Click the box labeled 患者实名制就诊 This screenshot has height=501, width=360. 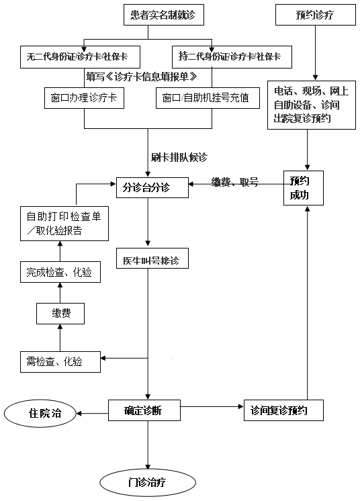pos(164,15)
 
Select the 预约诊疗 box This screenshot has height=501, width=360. pos(316,15)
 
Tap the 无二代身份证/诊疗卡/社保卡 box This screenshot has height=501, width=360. pos(80,57)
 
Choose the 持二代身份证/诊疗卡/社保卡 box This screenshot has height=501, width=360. pos(232,57)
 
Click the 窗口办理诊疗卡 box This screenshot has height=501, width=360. pos(84,98)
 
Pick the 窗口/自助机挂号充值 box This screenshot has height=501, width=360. pos(208,98)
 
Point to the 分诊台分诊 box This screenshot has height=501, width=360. pos(152,187)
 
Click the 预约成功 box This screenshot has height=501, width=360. pos(304,188)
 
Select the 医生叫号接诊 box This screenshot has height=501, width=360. pos(152,258)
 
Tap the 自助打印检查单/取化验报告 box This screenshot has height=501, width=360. pos(64,224)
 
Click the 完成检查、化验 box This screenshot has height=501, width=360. pos(60,272)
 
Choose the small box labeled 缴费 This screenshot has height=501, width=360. pos(60,314)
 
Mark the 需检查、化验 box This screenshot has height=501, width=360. pos(60,362)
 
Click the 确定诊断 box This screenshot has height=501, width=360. pos(144,410)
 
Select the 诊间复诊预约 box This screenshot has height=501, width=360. pos(283,410)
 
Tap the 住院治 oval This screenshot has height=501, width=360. pos(40,413)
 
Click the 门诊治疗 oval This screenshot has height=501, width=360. pos(148,482)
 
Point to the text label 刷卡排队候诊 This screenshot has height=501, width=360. pos(179,157)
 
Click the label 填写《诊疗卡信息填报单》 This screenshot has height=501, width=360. pos(142,77)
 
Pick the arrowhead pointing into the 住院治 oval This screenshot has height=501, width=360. pos(79,414)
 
